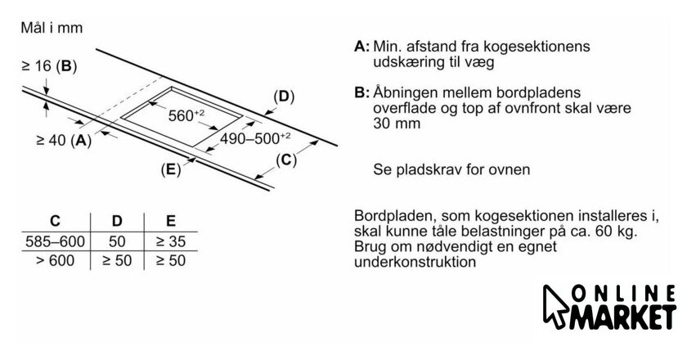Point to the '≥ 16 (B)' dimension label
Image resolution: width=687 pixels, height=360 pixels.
pos(48,66)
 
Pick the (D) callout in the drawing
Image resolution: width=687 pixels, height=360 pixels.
pos(281,97)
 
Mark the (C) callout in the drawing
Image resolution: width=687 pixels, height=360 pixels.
pos(285,160)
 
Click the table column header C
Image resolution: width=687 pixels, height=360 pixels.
pos(55,220)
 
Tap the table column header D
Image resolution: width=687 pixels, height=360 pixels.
pos(116,220)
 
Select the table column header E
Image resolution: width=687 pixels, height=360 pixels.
pos(169,220)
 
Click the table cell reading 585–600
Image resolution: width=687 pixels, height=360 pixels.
pos(55,242)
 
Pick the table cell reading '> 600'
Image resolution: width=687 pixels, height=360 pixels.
pos(55,261)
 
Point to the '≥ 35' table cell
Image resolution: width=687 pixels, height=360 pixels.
pos(169,242)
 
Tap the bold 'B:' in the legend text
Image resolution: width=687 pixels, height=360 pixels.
pos(362,93)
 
